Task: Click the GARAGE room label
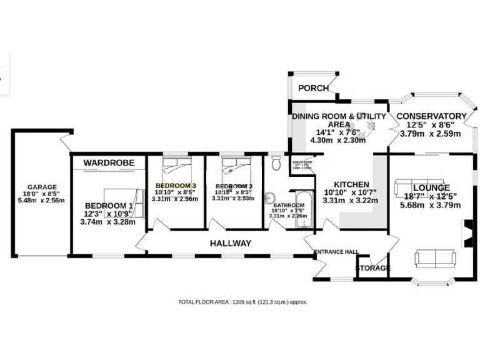(x=42, y=187)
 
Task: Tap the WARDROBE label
(x=109, y=162)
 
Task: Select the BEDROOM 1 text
(x=109, y=206)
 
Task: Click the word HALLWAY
(x=230, y=243)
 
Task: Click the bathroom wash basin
(x=269, y=199)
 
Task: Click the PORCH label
(x=313, y=88)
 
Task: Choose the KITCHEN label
(x=351, y=184)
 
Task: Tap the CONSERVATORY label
(x=431, y=116)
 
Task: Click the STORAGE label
(x=373, y=269)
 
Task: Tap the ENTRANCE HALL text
(x=336, y=252)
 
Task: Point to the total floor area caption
(x=242, y=302)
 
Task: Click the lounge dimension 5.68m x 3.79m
(x=431, y=205)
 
